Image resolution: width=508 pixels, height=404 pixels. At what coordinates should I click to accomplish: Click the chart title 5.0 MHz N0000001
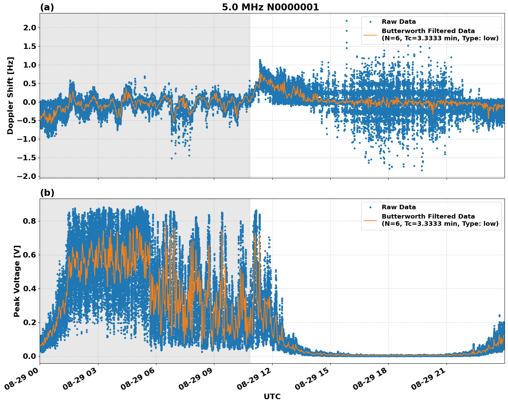point(270,7)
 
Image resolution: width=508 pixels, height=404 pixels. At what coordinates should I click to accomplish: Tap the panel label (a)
point(47,7)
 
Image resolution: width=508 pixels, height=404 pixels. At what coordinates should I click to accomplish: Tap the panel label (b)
point(47,193)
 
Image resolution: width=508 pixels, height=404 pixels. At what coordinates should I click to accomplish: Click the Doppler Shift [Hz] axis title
point(10,95)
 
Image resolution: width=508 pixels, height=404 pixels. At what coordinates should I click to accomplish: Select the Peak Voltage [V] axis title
point(17,281)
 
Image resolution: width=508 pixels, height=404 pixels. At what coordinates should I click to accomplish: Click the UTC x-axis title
point(272,396)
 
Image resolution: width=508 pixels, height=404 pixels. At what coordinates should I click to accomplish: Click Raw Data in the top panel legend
point(399,22)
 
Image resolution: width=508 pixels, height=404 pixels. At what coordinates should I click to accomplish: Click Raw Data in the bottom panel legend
point(399,207)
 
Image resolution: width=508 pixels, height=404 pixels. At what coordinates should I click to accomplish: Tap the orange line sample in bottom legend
point(370,220)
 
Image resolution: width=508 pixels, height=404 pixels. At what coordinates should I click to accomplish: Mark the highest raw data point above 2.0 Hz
point(346,21)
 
